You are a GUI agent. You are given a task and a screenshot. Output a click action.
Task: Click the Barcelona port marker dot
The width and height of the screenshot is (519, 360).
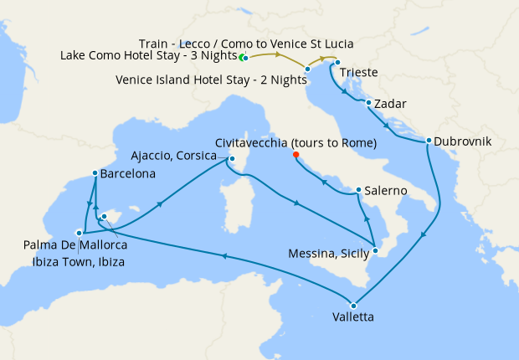pos(94,174)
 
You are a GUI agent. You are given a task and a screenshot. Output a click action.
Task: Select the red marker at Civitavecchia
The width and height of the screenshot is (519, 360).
pos(295,154)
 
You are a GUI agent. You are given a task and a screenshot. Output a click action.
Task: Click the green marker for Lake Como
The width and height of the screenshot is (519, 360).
pos(242,57)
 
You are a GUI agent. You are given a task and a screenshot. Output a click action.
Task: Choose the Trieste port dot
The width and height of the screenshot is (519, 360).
pos(337,63)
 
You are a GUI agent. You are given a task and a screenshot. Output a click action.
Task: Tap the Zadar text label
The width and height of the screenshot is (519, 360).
pos(391,105)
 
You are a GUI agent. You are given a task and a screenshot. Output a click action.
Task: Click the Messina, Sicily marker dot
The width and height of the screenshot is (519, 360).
pos(376,250)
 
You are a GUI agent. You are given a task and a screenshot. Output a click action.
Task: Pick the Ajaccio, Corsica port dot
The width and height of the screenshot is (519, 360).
pos(232,159)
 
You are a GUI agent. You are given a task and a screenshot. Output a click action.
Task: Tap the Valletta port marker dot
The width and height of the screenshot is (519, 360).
pos(354,305)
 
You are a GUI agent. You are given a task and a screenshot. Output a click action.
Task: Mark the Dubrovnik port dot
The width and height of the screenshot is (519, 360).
pos(429,141)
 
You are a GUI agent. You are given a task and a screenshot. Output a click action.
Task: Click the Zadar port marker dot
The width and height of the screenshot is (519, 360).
pos(369,103)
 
